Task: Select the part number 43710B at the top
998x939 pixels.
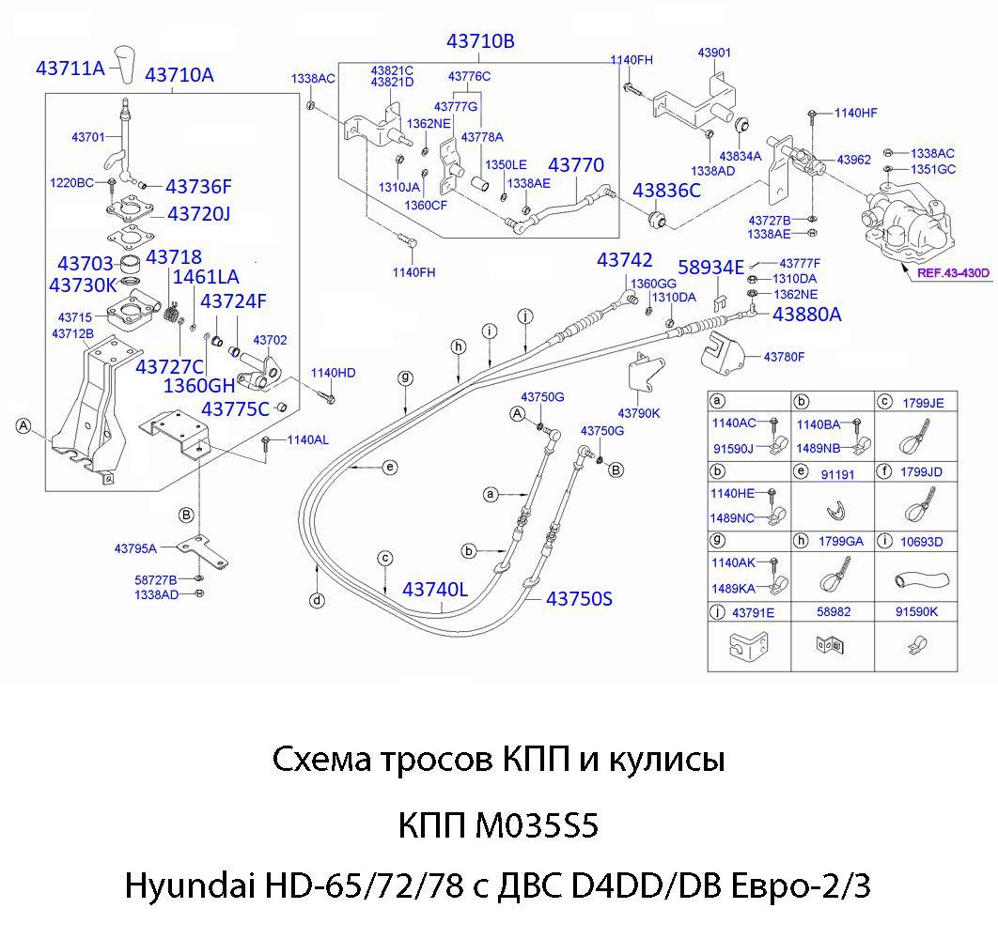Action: coord(480,41)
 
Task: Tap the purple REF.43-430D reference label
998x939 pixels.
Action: coord(954,273)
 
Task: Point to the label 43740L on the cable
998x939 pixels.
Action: coord(435,590)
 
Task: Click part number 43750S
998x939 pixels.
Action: coord(579,598)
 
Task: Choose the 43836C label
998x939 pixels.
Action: coord(666,191)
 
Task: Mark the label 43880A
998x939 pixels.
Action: coord(806,315)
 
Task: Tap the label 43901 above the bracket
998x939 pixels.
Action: coord(714,54)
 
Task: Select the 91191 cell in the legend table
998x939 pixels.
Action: coord(837,474)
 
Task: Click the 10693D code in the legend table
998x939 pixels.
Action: coord(922,542)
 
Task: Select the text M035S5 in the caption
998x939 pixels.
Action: coord(538,826)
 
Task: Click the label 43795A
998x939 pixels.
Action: coord(135,548)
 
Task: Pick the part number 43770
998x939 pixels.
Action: coord(576,165)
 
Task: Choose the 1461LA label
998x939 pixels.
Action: coord(206,277)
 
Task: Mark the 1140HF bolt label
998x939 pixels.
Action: coord(855,113)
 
